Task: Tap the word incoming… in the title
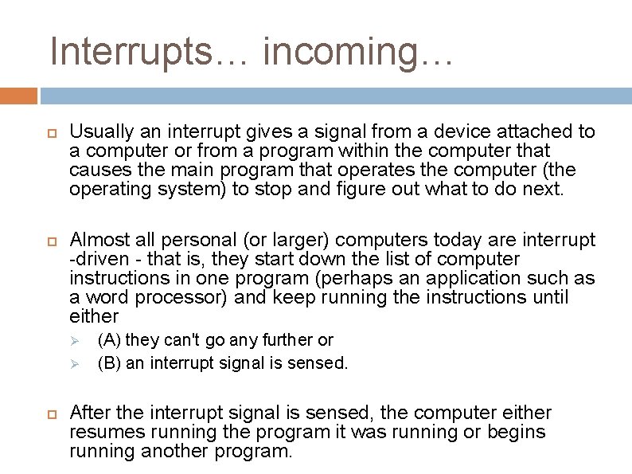(357, 53)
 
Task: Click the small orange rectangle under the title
(18, 96)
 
